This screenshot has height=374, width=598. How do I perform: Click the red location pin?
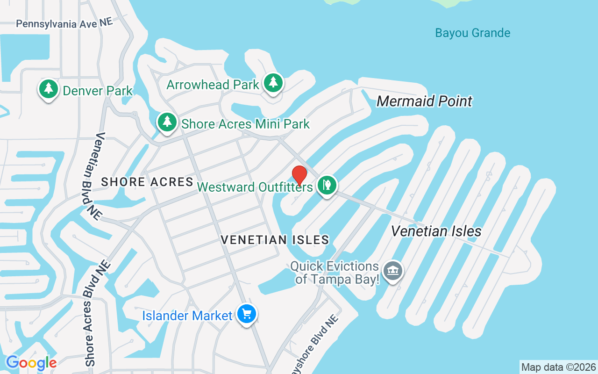[x=299, y=175]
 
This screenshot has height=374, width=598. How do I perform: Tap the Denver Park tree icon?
[x=48, y=89]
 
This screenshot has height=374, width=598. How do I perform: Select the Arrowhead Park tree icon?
[x=273, y=83]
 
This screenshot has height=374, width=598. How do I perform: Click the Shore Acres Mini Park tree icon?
[x=167, y=122]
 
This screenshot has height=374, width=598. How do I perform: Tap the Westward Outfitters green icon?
[x=327, y=185]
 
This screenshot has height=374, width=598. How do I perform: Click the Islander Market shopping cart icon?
[x=247, y=314]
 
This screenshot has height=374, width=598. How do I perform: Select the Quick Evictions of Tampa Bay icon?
[x=393, y=271]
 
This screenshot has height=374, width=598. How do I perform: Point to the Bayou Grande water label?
[x=472, y=33]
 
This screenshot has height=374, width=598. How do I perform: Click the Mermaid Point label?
[x=424, y=101]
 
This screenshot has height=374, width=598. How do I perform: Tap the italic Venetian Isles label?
[x=436, y=231]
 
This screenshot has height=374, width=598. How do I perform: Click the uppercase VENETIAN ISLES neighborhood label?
[x=275, y=240]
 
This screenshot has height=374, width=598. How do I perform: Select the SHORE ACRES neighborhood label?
[x=147, y=182]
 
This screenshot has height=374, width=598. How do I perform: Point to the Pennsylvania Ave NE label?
[x=64, y=23]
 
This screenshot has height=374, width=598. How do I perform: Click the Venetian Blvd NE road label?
[x=93, y=176]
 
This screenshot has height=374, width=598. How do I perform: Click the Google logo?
[x=31, y=362]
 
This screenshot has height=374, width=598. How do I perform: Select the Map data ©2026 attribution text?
[x=558, y=367]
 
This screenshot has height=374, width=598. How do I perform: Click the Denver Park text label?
[x=98, y=90]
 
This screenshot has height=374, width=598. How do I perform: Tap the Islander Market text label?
[x=187, y=316]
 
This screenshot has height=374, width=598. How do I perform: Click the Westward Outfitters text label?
[x=255, y=187]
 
